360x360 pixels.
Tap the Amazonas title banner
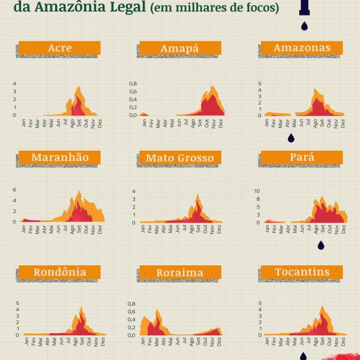[301, 47]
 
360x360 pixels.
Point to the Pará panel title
[302, 158]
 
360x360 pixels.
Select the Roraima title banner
[179, 272]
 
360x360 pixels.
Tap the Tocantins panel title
[302, 272]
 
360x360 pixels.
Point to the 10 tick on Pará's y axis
[257, 191]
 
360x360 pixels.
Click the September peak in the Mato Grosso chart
[198, 195]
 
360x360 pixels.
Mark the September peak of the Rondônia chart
[81, 308]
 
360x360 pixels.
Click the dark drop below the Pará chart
[320, 245]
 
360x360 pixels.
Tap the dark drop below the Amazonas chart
[291, 138]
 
